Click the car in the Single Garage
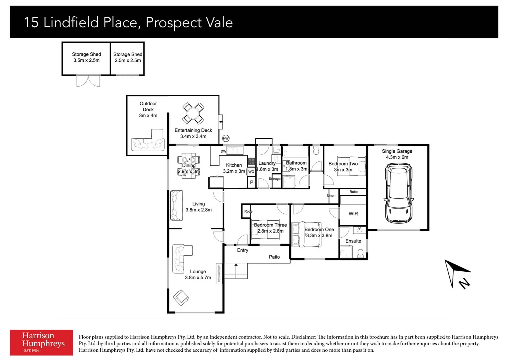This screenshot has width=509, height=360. [398, 193]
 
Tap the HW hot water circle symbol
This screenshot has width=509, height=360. [226, 138]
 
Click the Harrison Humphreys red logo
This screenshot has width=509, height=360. [41, 342]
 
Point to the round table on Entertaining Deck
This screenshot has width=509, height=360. [193, 113]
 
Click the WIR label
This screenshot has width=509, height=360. [353, 214]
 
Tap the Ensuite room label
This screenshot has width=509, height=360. [353, 241]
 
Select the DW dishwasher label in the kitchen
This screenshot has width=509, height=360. [223, 151]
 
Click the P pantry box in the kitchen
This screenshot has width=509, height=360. [252, 182]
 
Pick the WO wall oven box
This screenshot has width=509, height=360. [251, 171]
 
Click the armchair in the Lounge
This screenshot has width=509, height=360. [181, 297]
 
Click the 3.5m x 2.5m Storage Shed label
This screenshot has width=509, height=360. [86, 57]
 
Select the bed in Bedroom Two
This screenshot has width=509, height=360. [351, 166]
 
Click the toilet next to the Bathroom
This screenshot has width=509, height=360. [316, 151]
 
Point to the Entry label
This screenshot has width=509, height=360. [243, 250]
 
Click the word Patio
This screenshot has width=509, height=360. [274, 257]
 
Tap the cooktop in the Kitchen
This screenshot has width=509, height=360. [252, 162]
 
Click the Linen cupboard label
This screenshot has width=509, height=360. [331, 196]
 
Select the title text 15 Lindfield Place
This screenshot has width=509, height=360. [80, 23]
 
